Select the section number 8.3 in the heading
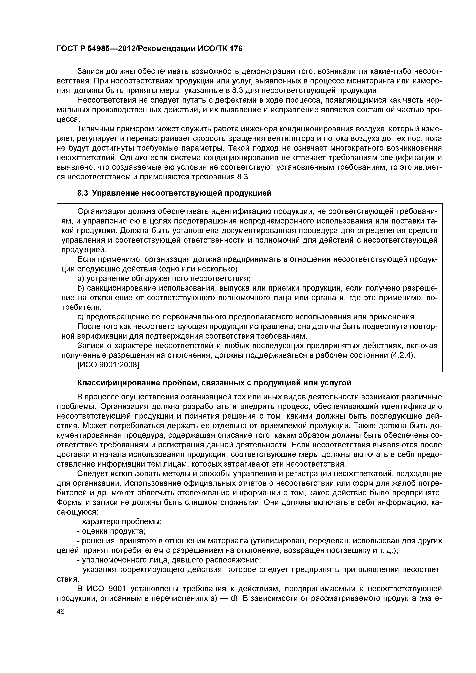tap(83, 193)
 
